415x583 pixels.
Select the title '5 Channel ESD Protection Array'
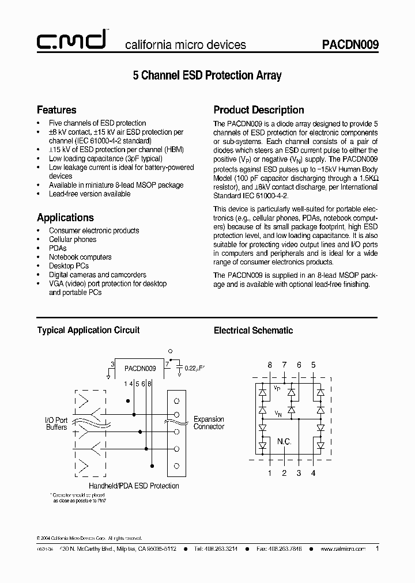207,75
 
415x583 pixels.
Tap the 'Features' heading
56,109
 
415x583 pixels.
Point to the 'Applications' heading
65,217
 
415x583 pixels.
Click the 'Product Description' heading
259,109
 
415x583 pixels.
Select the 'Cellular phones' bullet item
73,239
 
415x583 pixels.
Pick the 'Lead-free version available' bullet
89,194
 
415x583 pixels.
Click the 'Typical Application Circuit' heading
88,330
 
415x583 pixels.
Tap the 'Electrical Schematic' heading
253,330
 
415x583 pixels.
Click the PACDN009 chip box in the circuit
140,368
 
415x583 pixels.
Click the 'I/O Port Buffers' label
56,423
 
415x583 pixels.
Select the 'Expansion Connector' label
209,423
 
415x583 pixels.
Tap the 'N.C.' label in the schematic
284,442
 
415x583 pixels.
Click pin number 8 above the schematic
269,365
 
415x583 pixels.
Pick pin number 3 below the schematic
299,473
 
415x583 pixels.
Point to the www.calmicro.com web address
343,550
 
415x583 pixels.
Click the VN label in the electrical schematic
278,413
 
